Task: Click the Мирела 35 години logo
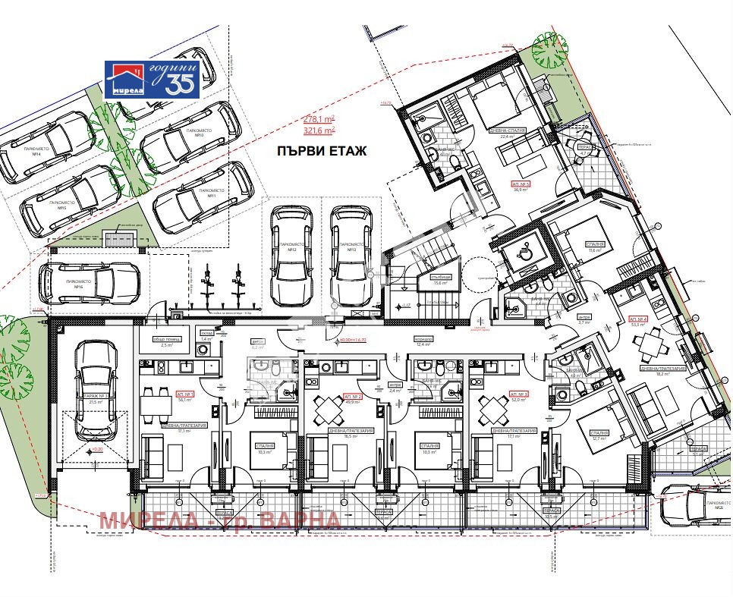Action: pyautogui.click(x=152, y=79)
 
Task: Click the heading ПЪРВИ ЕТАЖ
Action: pyautogui.click(x=321, y=152)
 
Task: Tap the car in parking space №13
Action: pyautogui.click(x=351, y=247)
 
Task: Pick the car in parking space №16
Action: pyautogui.click(x=92, y=283)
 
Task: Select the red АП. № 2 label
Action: pyautogui.click(x=353, y=397)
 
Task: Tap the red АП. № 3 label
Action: pyautogui.click(x=519, y=395)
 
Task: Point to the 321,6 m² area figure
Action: pyautogui.click(x=319, y=130)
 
